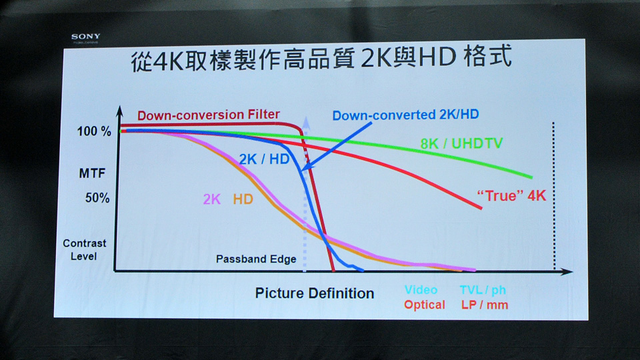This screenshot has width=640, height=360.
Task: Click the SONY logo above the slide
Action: coord(86,37)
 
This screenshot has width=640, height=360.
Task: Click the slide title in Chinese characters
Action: coord(321,59)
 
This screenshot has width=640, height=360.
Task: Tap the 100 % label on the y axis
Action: coord(94,131)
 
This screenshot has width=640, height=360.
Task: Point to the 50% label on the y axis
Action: coord(97,198)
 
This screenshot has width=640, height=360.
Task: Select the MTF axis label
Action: coord(92,173)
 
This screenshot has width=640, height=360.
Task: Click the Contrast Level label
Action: coord(84,250)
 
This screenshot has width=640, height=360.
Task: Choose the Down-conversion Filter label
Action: coord(209,115)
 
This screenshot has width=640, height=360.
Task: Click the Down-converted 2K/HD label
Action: coord(406,115)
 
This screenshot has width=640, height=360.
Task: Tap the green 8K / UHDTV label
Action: coord(461,143)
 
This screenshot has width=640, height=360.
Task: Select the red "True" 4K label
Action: coord(511,195)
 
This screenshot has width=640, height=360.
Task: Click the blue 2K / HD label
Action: coord(264,159)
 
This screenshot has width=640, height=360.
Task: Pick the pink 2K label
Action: coord(212,199)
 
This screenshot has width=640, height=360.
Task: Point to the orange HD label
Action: coord(243,199)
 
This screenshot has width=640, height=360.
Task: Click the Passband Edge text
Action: coord(256,259)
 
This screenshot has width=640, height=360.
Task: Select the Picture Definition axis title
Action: coord(315,293)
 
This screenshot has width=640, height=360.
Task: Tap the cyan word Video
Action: coord(421,290)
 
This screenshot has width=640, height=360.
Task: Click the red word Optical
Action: coord(425,305)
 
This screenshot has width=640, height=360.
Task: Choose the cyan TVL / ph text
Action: coord(483,290)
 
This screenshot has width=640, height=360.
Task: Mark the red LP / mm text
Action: coord(485,305)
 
